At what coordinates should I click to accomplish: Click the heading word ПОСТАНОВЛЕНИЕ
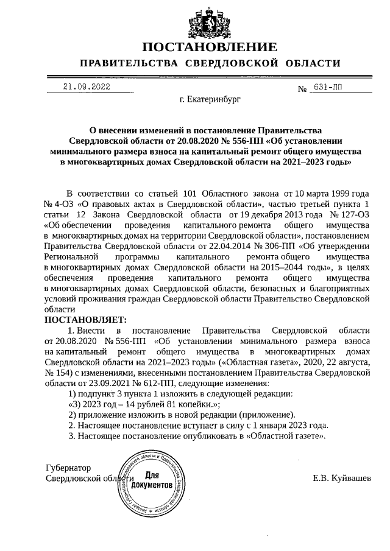210,47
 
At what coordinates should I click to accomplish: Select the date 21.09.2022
87,87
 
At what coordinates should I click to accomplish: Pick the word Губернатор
69,468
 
